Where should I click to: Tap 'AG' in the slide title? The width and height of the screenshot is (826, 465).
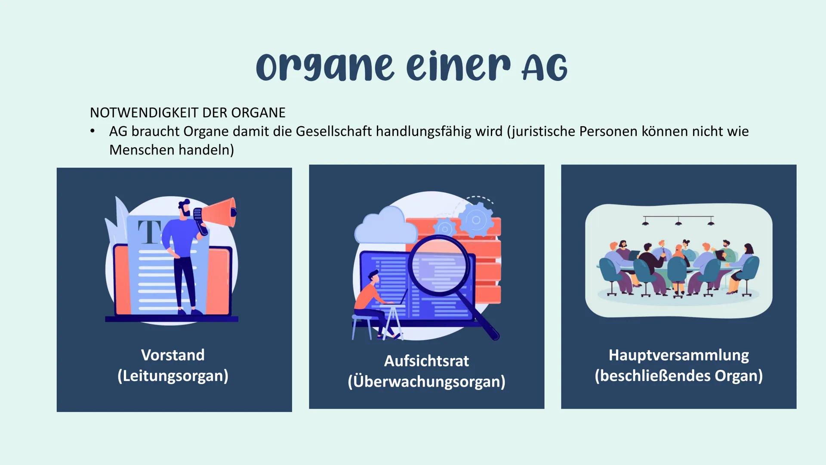tap(545, 69)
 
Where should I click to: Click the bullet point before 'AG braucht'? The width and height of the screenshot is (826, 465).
tap(92, 131)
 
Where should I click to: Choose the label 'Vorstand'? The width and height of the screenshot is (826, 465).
tap(173, 355)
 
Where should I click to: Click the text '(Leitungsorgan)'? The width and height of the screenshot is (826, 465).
tap(173, 376)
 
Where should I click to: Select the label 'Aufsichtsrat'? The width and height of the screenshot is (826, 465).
tap(426, 361)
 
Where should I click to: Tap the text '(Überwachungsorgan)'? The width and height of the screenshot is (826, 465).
tap(426, 381)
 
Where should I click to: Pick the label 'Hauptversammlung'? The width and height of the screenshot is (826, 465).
tap(678, 355)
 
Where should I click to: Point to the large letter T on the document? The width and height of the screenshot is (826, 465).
tap(149, 232)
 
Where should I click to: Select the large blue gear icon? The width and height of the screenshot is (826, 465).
tap(476, 220)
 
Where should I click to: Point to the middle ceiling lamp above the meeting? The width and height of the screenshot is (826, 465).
tap(678, 222)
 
